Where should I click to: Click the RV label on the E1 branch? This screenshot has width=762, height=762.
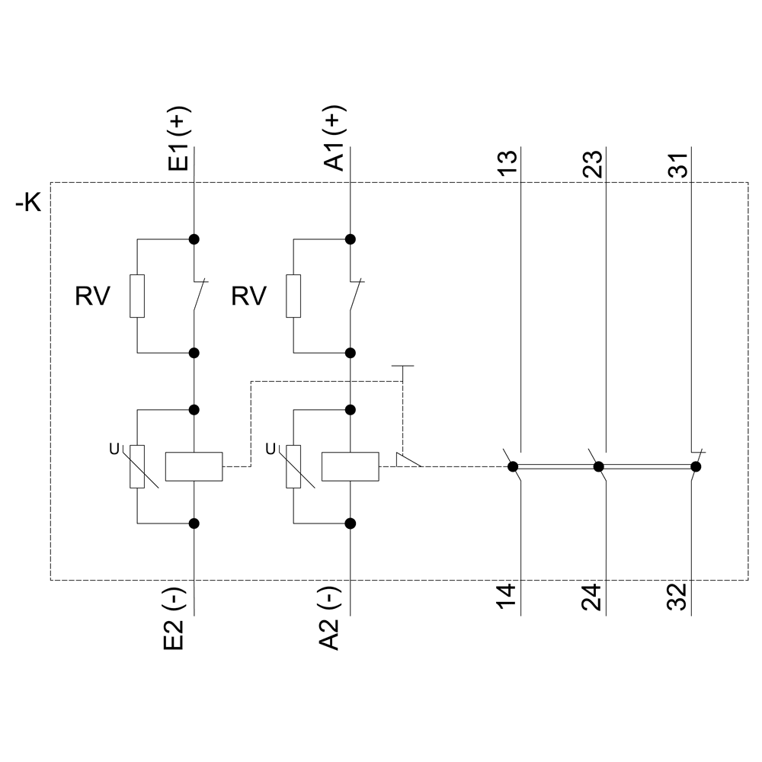point(92,296)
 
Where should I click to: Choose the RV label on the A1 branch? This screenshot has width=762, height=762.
point(249,296)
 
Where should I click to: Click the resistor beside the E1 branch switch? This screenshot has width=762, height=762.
point(137,296)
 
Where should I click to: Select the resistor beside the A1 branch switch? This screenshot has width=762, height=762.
point(293,296)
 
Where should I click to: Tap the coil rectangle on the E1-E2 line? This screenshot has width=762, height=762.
point(194,466)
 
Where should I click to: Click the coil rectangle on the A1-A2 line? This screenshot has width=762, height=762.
point(351,466)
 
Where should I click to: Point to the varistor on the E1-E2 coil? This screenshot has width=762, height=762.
point(137,466)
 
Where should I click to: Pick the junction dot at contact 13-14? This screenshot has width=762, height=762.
point(513,466)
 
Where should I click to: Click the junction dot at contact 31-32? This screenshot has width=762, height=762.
point(695,466)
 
